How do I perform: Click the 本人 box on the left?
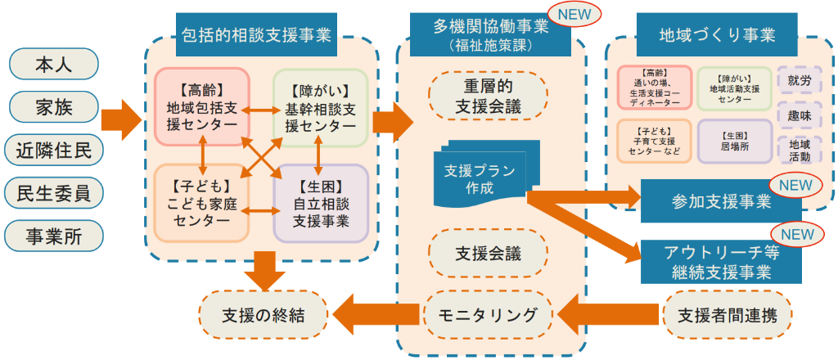pos(53,63)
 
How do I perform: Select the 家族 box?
pos(53,106)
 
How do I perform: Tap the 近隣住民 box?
pos(53,150)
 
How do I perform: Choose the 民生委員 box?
pos(53,193)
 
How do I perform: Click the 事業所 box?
pos(53,236)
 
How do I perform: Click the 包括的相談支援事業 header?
pos(255,35)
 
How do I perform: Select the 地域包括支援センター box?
pos(201,107)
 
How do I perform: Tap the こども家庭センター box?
pos(201,203)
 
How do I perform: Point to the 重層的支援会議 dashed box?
pos(488,96)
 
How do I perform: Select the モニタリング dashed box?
pos(488,314)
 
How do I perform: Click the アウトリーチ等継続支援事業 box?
pos(720,261)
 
